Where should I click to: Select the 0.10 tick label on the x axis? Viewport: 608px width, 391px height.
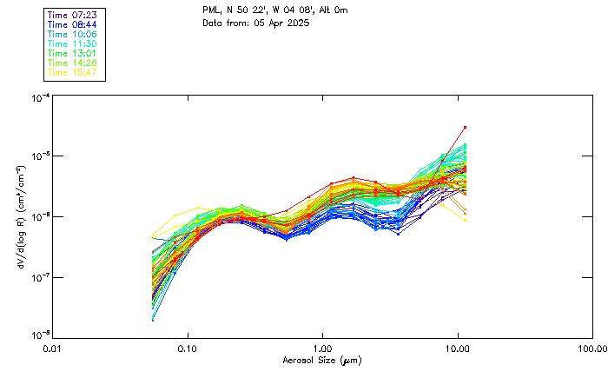coord(188,349)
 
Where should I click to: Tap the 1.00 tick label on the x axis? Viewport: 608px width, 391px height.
coord(322,349)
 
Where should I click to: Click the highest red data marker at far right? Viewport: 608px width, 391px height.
coord(465,128)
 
